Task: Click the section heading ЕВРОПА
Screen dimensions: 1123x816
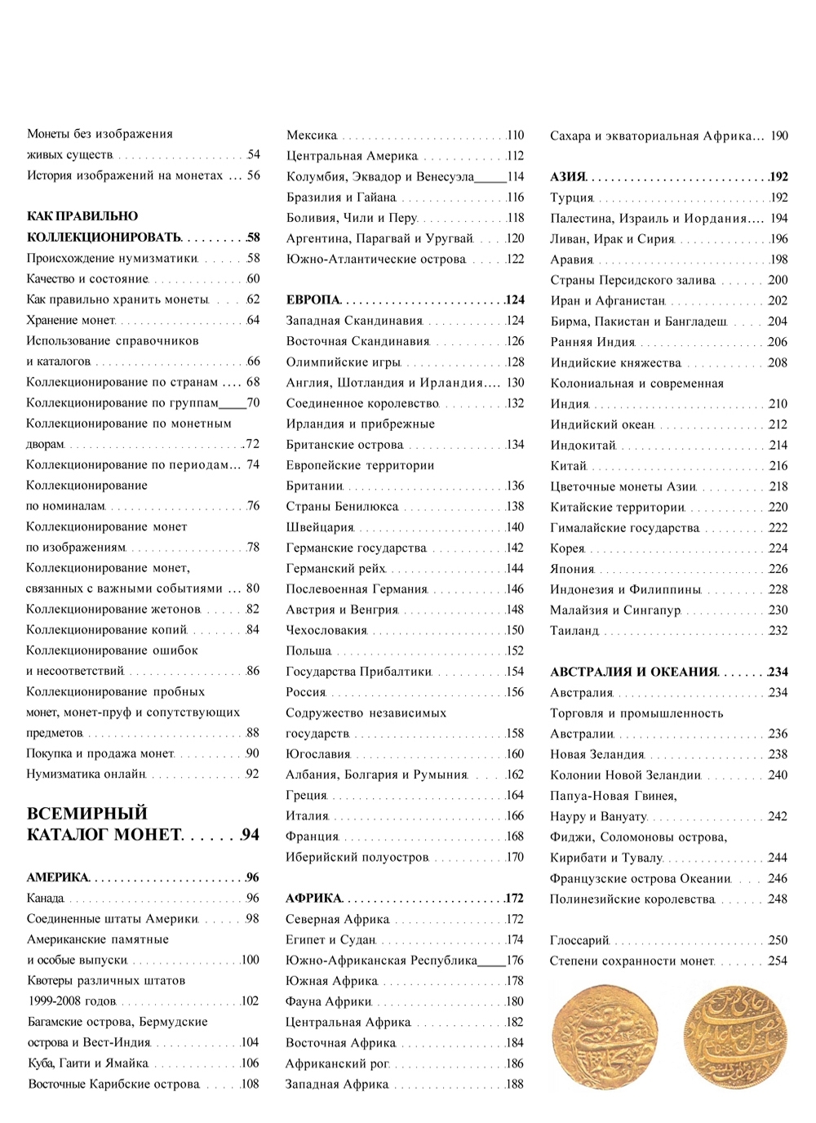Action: point(313,300)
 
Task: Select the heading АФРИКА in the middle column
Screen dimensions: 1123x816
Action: point(313,899)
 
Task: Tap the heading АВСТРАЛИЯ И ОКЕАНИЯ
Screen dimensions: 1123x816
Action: point(633,672)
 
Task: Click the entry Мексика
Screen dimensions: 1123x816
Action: point(312,135)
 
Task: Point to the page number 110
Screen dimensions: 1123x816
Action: point(515,135)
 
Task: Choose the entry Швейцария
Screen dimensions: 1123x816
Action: point(319,527)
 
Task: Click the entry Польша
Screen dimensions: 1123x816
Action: point(308,651)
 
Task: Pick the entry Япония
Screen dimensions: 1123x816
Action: point(572,569)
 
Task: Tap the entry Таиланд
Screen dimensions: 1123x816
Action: point(574,631)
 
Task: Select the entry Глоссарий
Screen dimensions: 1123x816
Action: point(579,940)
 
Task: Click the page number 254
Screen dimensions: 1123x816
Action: point(778,961)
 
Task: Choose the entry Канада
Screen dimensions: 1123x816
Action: point(45,899)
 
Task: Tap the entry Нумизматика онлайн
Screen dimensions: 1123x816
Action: point(86,775)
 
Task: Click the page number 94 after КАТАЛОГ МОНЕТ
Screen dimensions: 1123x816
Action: point(250,835)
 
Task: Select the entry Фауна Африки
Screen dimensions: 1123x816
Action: point(328,1001)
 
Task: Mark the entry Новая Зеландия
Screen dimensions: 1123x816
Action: point(596,755)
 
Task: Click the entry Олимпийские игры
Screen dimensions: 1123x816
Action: point(343,362)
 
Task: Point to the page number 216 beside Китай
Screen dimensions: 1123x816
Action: point(778,466)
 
